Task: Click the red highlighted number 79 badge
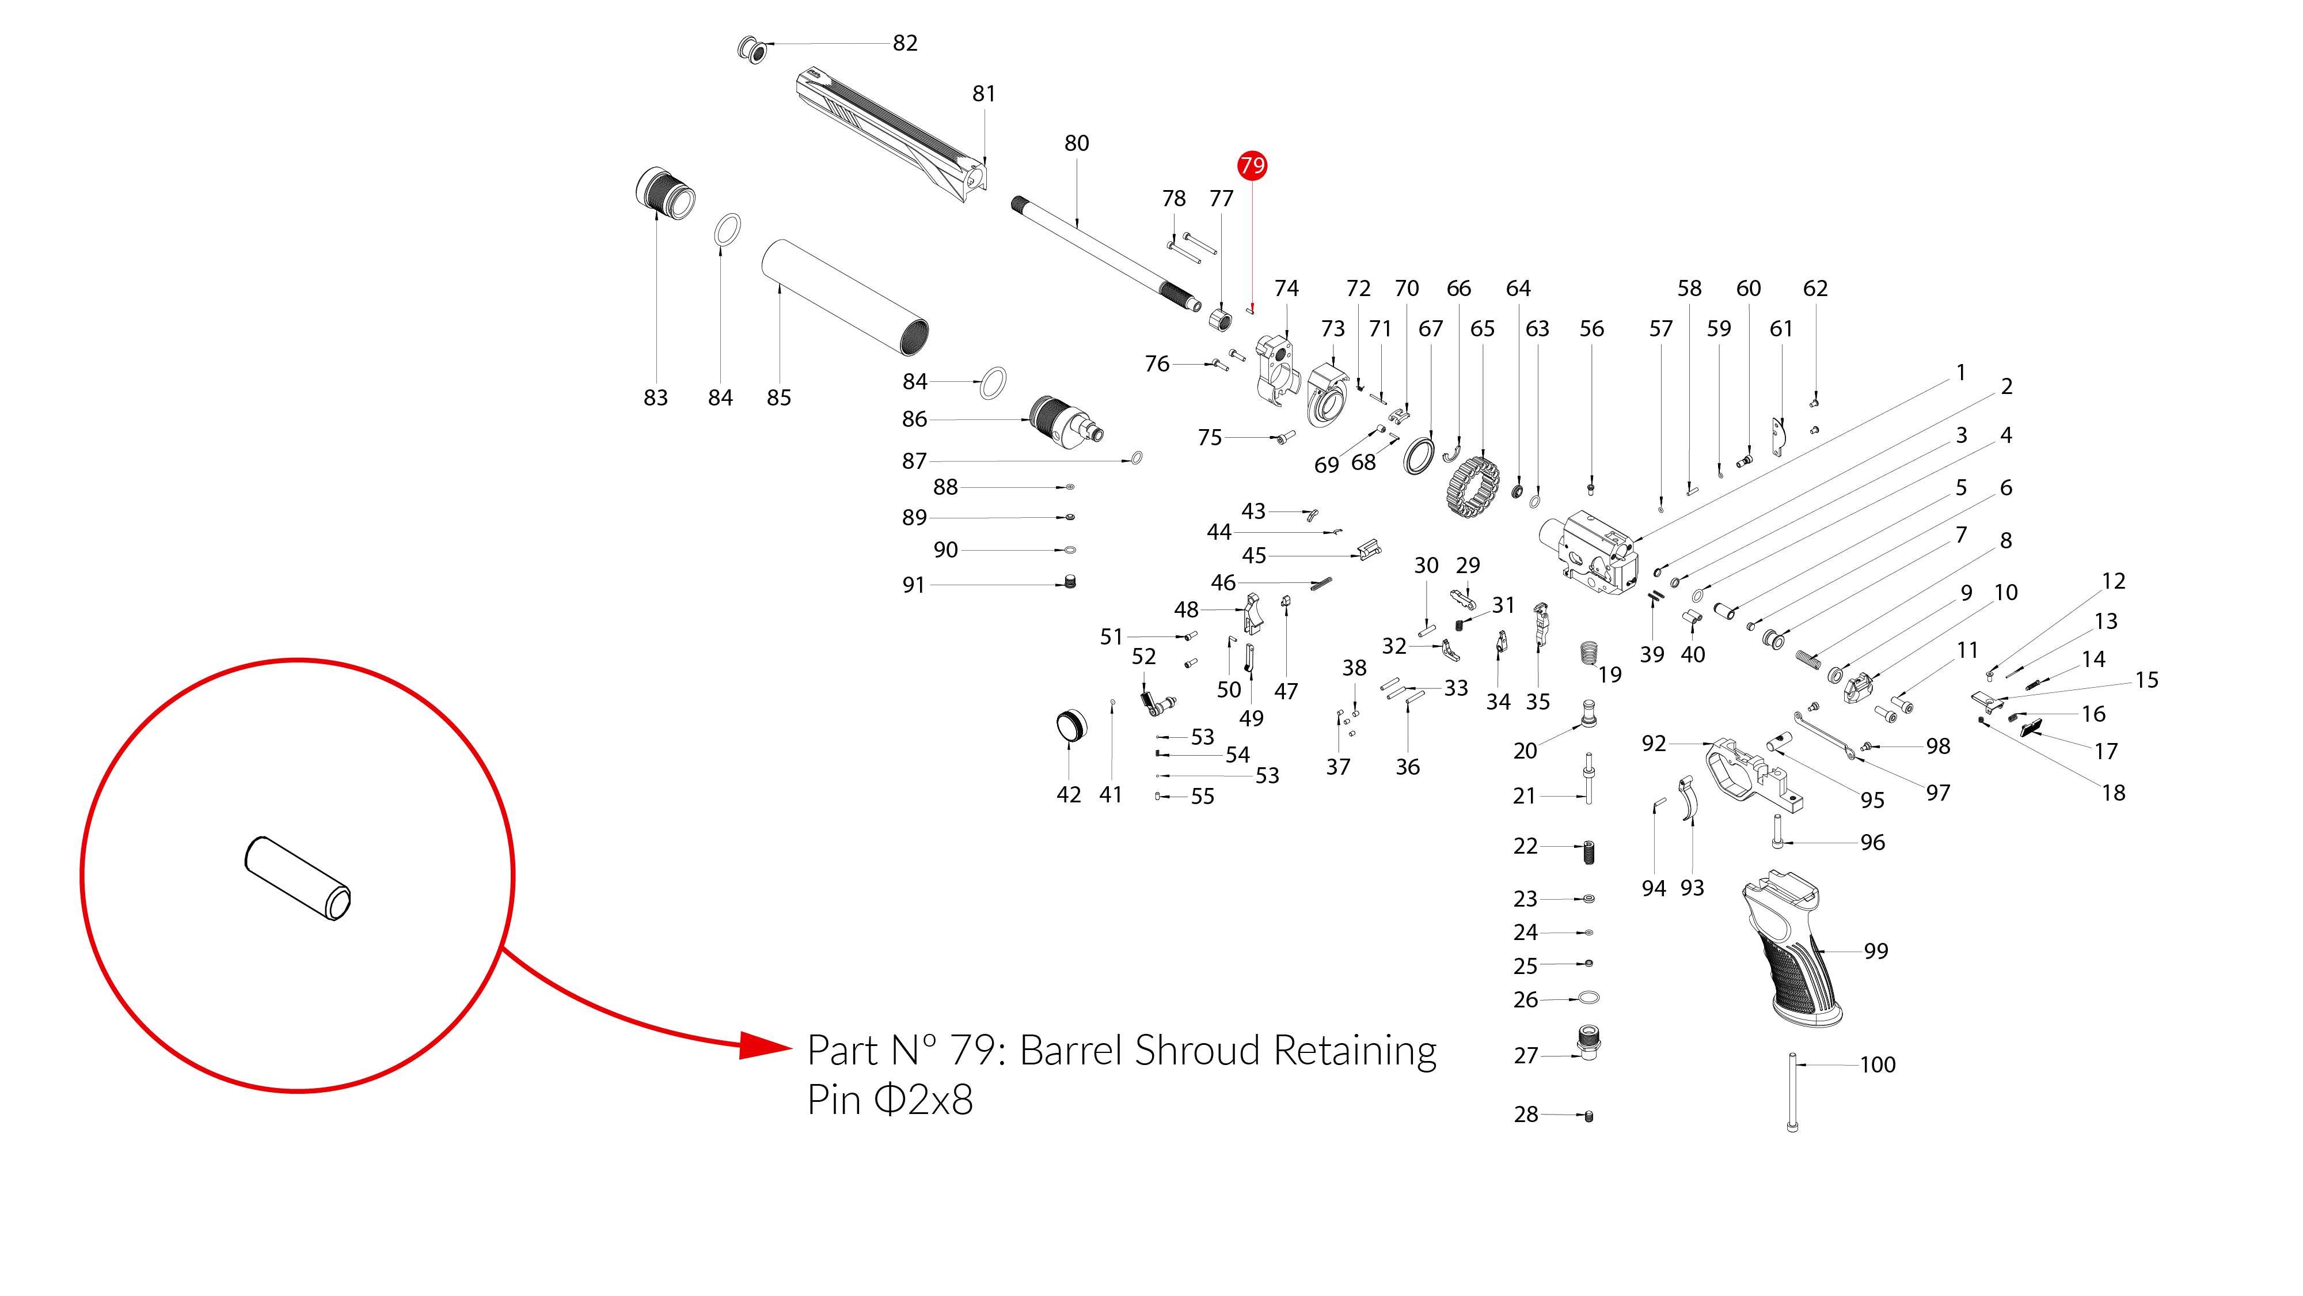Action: [1252, 165]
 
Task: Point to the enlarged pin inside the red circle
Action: [298, 878]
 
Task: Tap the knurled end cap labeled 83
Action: [665, 192]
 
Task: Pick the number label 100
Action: [1878, 1064]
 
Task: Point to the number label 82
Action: [905, 43]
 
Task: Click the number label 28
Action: [1525, 1115]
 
